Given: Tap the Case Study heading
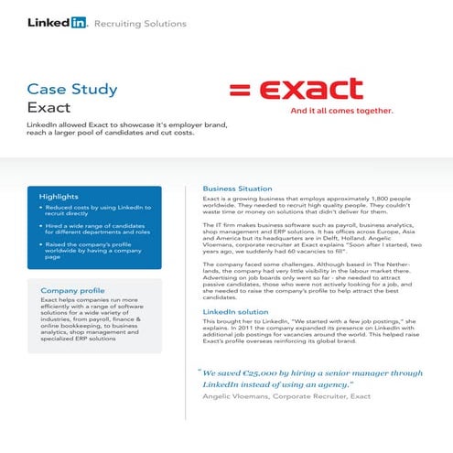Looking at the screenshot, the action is [72, 89].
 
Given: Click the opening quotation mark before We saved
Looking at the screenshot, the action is [199, 372].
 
